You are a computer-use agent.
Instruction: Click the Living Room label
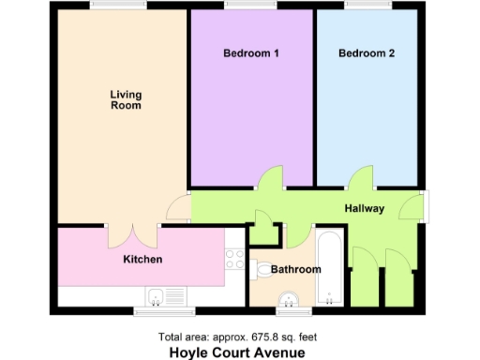125,99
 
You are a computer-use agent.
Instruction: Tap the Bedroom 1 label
250,53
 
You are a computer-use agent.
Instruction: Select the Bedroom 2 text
366,53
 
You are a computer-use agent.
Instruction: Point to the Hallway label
364,208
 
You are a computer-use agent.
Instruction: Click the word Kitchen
143,259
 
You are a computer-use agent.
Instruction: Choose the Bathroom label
295,270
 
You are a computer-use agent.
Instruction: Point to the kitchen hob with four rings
234,260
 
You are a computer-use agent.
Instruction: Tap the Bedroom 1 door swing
270,178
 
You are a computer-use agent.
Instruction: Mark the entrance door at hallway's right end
412,208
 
